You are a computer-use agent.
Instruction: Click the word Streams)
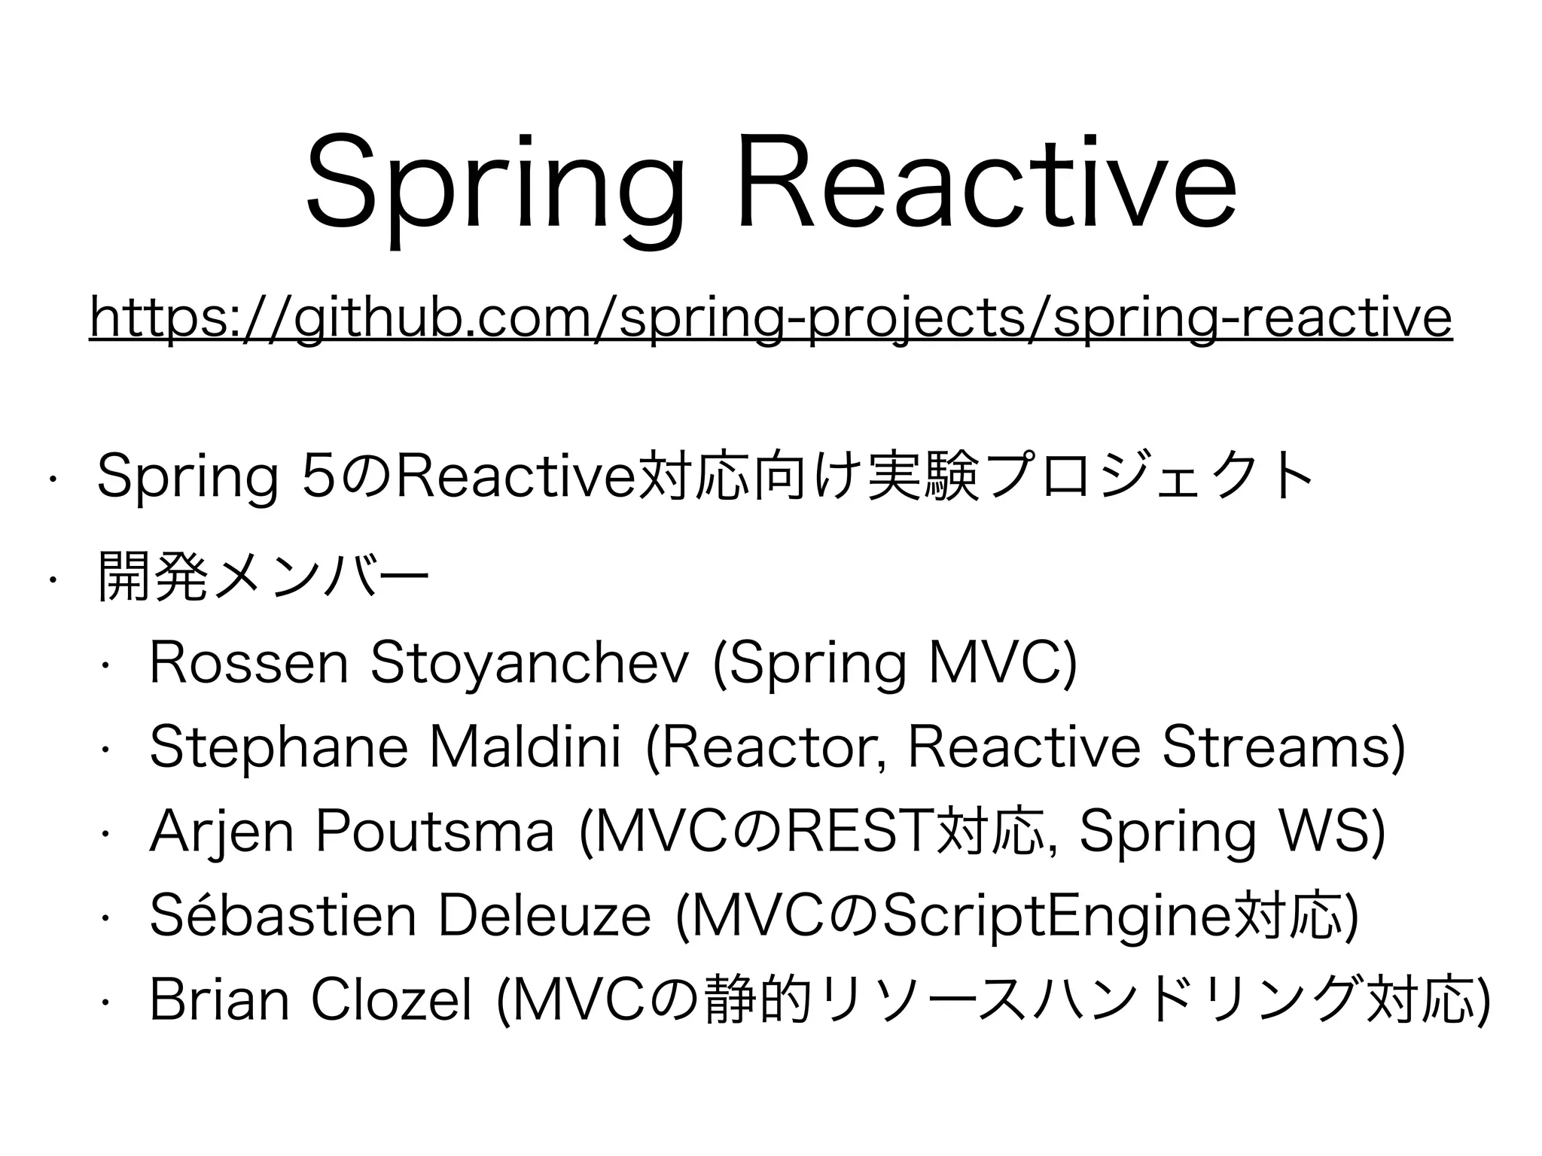coord(1284,747)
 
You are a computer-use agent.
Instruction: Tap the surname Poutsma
coord(435,832)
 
